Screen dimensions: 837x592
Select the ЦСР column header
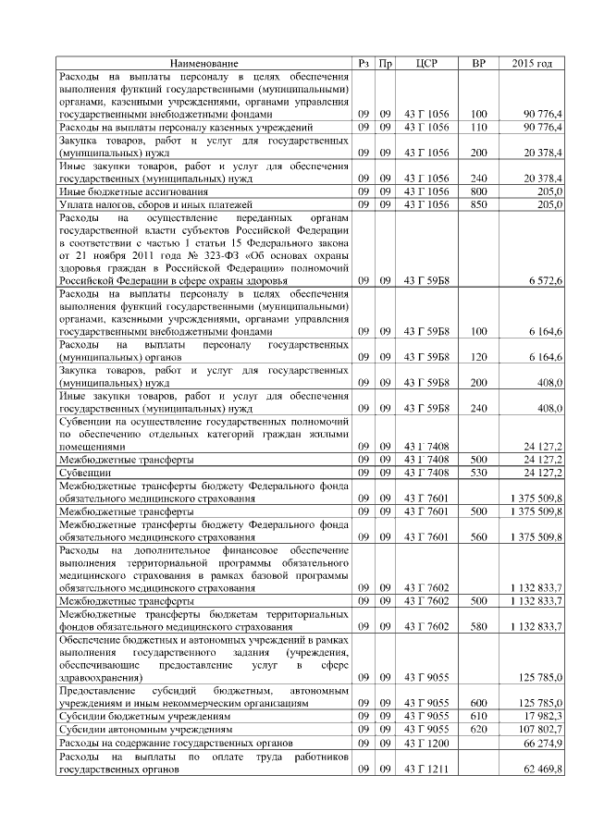tap(426, 63)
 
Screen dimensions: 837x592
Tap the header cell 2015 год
tap(532, 63)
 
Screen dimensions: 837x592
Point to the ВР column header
tap(478, 63)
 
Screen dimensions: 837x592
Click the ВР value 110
tap(478, 126)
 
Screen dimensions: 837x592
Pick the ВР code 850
tap(478, 203)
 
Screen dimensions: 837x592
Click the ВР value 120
tap(478, 357)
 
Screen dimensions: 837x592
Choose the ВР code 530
tap(478, 473)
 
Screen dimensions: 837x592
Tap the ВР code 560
tap(478, 536)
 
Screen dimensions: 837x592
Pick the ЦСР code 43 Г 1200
tap(426, 743)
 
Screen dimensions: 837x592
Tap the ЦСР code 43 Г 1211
tap(426, 768)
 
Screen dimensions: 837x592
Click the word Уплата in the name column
tap(77, 203)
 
